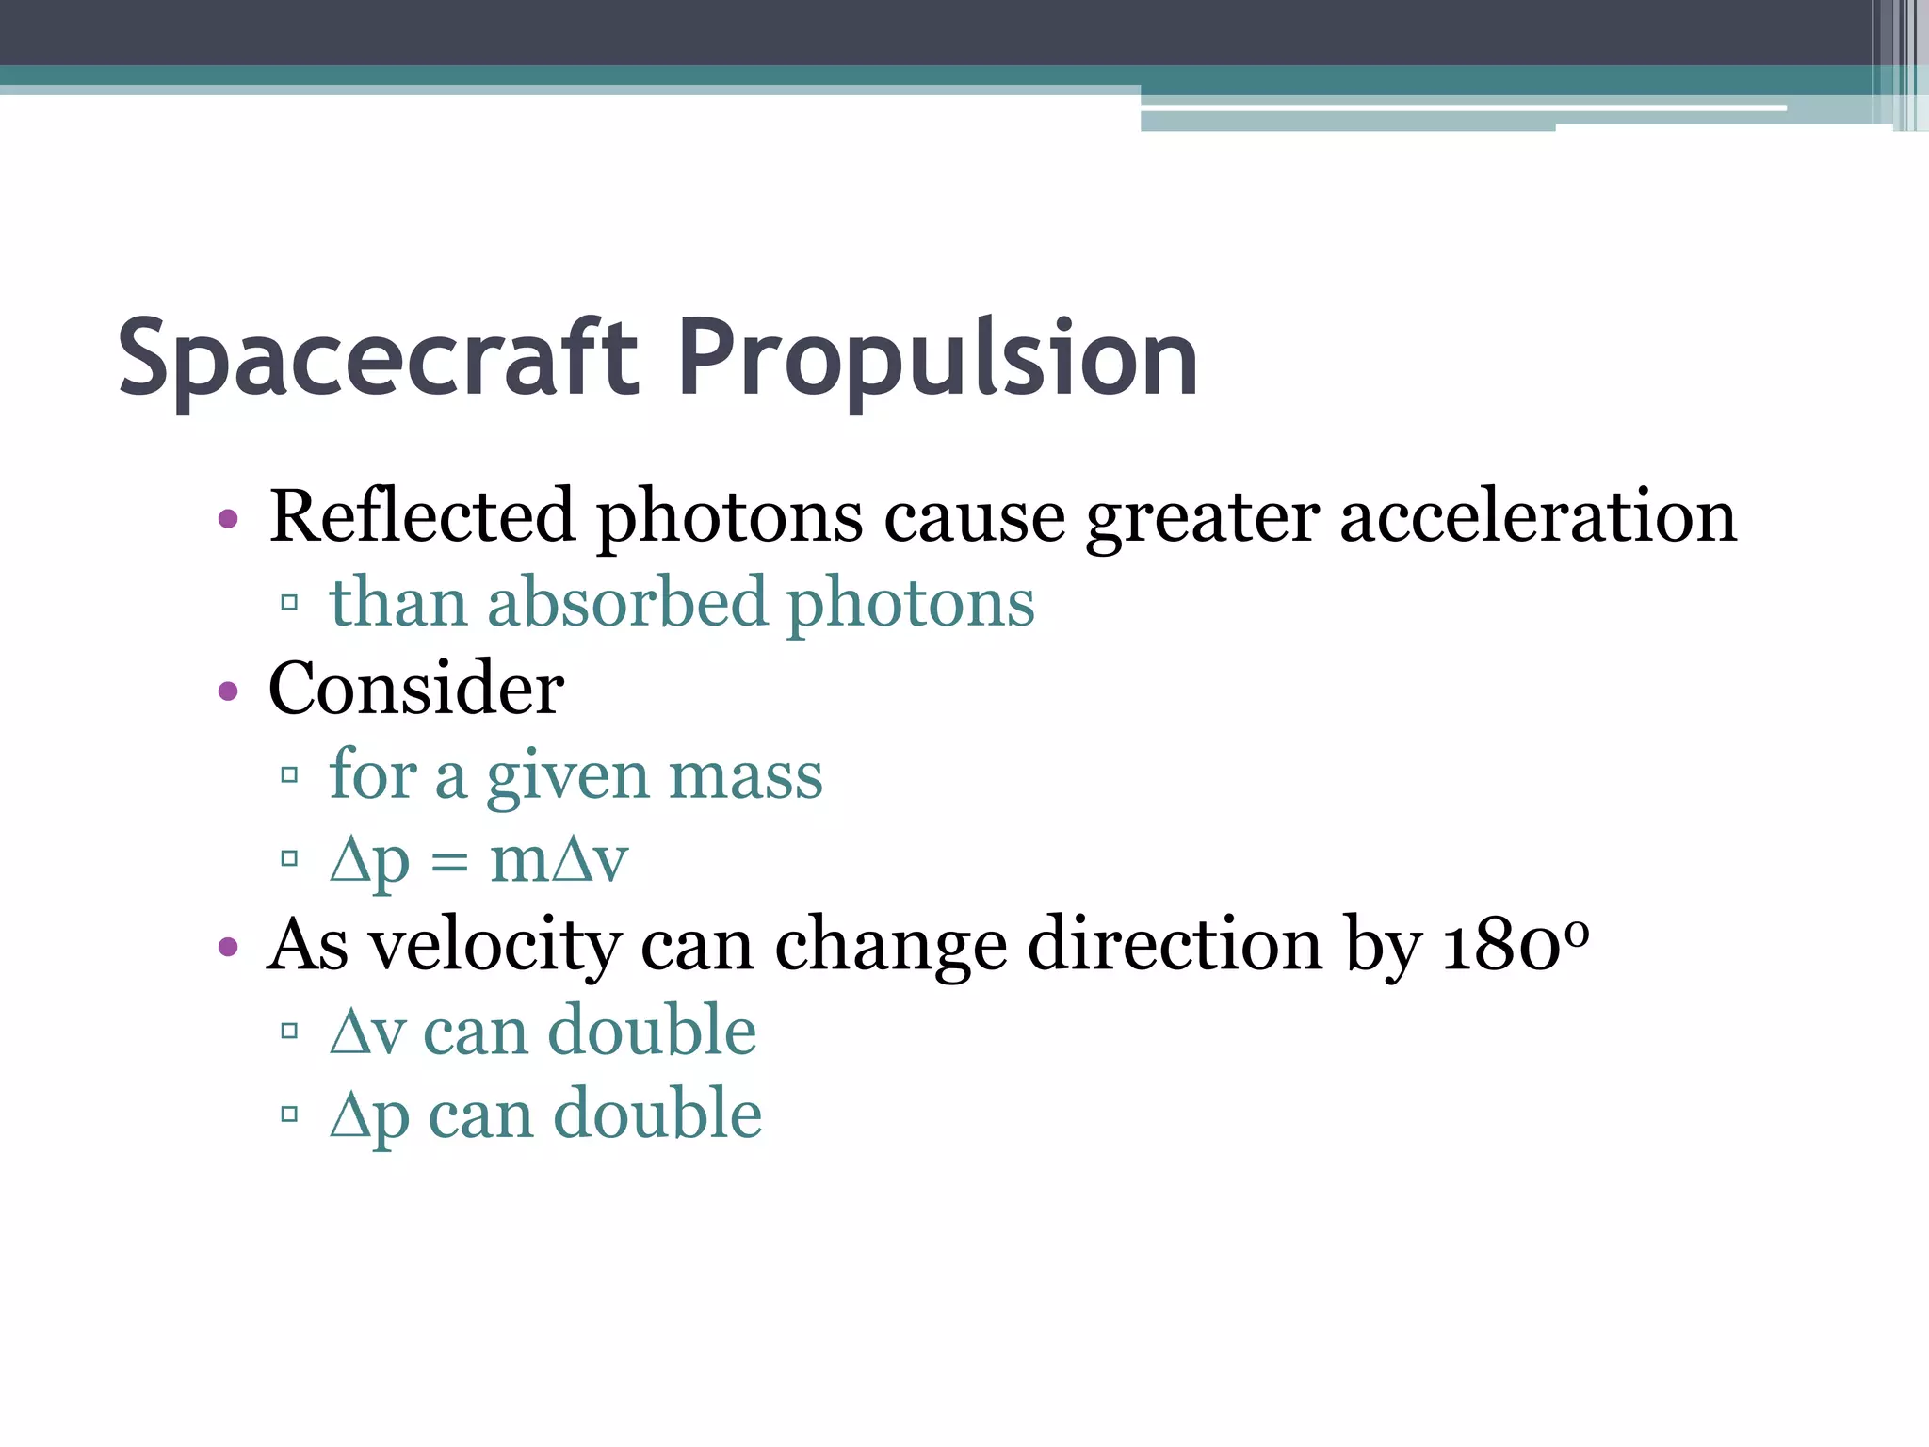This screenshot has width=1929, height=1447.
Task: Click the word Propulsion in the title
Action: pyautogui.click(x=937, y=358)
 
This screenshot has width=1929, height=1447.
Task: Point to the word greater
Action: pyautogui.click(x=1202, y=518)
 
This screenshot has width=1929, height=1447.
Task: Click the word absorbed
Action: pyautogui.click(x=627, y=602)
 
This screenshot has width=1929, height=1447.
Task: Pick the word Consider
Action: pyautogui.click(x=416, y=688)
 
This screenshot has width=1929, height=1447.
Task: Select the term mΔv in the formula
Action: pyautogui.click(x=559, y=860)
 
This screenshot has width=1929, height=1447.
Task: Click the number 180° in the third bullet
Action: pyautogui.click(x=1516, y=944)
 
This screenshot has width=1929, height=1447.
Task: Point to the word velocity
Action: pyautogui.click(x=495, y=944)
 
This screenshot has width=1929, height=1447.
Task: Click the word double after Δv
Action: pyautogui.click(x=652, y=1030)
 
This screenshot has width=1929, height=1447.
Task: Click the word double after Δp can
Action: pyautogui.click(x=657, y=1114)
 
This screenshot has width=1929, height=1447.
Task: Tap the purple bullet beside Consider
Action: pyautogui.click(x=228, y=691)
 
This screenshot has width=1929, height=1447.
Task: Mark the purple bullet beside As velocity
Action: pyautogui.click(x=228, y=946)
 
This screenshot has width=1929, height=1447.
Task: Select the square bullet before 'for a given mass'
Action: pyautogui.click(x=289, y=775)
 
